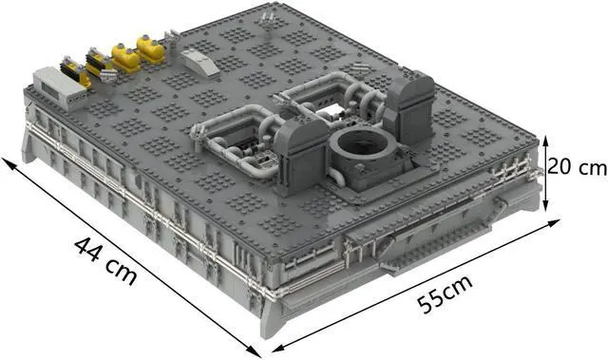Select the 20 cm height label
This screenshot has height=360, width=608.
coord(578,168)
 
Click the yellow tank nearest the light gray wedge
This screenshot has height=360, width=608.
coord(150,47)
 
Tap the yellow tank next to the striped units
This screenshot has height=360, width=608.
coord(124,56)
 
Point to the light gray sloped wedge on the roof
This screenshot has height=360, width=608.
coord(200,59)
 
